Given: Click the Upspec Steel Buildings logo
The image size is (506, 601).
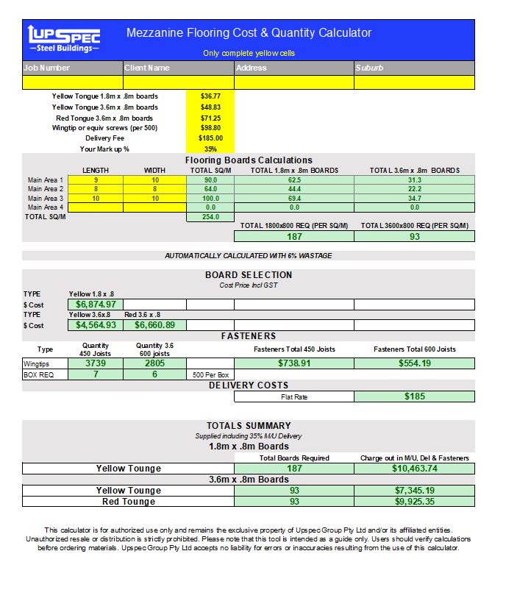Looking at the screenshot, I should click(63, 39).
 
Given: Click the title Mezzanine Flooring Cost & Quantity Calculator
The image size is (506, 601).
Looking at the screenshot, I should click(249, 33).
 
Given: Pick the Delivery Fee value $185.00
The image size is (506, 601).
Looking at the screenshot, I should click(210, 138).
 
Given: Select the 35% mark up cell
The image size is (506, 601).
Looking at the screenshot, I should click(210, 149).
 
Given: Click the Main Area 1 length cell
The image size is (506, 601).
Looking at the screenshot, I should click(96, 180).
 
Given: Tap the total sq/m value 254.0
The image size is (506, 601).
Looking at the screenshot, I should click(210, 217).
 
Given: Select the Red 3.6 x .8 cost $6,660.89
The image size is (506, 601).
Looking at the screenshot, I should click(154, 325).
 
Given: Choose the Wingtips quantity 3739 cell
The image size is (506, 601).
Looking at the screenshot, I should click(96, 363).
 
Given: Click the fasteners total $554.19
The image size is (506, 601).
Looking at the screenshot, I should click(414, 363).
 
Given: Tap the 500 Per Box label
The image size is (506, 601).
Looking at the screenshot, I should click(209, 374).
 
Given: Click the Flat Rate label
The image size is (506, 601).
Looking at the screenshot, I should click(294, 397).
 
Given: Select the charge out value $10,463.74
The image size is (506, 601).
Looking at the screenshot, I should click(414, 469).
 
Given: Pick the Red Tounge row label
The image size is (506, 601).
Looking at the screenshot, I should click(129, 502).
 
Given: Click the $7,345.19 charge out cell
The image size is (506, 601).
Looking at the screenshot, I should click(414, 491).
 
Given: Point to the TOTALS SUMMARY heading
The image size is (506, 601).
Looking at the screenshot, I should click(249, 426).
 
